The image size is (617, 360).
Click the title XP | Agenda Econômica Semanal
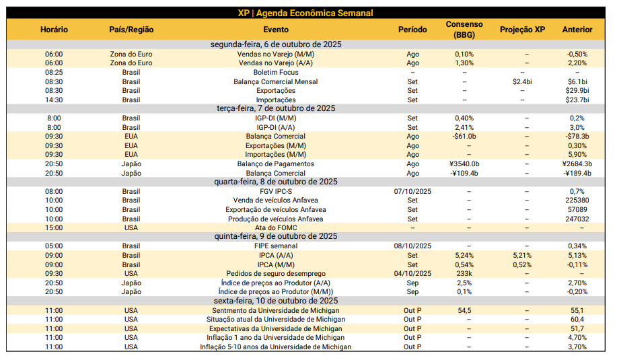(305, 13)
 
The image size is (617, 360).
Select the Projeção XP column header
(522, 30)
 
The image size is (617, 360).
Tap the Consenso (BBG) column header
(464, 30)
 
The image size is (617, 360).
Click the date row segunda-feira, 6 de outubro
(276, 44)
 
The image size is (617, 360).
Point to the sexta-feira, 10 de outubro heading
(276, 301)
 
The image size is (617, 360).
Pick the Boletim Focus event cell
(276, 72)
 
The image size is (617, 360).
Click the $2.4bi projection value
(522, 81)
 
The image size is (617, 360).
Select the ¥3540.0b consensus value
(464, 164)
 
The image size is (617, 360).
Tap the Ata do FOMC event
(276, 227)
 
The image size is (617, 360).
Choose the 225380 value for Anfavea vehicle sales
(577, 200)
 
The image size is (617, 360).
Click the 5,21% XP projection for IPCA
(522, 255)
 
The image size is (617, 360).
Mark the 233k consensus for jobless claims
(464, 273)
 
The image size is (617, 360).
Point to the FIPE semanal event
(276, 246)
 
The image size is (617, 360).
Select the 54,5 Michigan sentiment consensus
(464, 310)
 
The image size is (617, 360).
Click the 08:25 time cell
(54, 72)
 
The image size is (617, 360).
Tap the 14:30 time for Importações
(54, 100)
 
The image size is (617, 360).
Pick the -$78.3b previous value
(577, 136)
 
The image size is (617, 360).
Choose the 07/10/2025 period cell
(412, 191)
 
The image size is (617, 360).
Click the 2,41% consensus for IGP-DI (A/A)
(464, 127)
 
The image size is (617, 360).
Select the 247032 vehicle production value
(577, 219)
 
